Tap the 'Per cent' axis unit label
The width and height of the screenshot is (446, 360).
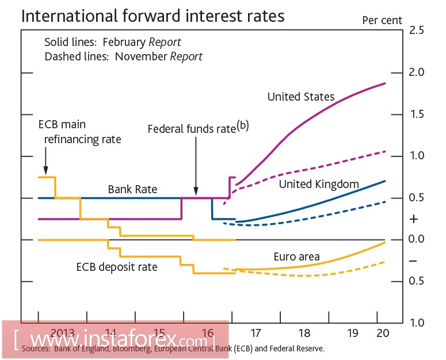tap(382, 20)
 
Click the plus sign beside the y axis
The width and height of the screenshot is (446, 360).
tap(413, 219)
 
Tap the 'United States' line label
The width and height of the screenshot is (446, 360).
tap(300, 97)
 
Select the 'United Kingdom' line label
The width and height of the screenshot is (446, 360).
tap(319, 184)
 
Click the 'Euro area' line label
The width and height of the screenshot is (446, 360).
tap(296, 256)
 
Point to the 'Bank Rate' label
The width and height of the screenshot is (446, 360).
tap(132, 189)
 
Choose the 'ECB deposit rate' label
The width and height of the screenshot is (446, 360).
tap(117, 267)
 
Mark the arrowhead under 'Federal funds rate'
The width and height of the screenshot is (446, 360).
tap(196, 193)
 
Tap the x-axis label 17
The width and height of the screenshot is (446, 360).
tap(256, 332)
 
